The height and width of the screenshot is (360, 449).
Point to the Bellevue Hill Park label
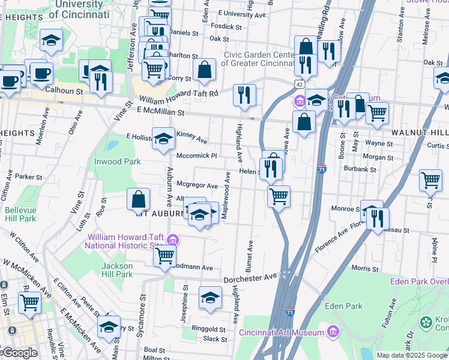20,215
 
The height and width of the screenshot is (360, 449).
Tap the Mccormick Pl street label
196,156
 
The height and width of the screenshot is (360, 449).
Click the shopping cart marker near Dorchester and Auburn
164,256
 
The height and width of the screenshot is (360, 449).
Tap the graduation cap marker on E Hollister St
163,139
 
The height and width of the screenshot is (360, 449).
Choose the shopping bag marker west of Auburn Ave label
139,199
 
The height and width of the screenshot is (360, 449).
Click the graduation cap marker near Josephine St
210,298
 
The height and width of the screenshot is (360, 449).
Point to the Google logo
19,353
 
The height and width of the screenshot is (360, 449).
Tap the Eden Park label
343,306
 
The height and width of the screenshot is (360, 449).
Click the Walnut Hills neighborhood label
420,131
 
